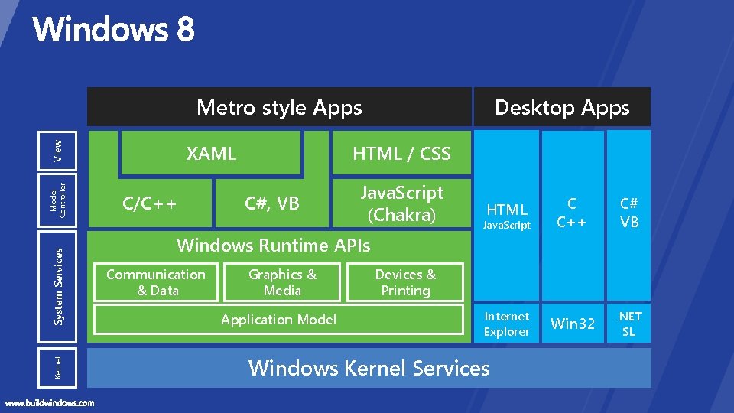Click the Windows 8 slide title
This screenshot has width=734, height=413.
(113, 31)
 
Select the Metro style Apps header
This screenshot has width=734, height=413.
(279, 107)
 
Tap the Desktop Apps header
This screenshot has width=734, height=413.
(562, 107)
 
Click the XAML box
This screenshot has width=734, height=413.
(211, 153)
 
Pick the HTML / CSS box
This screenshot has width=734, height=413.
(401, 153)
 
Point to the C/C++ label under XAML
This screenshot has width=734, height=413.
(150, 203)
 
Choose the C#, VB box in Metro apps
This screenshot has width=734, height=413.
(271, 203)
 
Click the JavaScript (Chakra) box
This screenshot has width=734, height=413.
(401, 203)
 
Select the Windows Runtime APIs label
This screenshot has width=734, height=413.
(273, 246)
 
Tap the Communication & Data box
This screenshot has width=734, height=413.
(156, 282)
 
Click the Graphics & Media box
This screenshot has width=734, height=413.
(282, 282)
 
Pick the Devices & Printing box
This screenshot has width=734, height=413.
(405, 282)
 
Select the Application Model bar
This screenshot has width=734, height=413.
(278, 320)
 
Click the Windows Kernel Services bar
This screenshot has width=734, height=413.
(369, 368)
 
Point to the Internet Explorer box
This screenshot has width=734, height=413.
(506, 324)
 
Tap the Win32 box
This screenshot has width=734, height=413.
(573, 324)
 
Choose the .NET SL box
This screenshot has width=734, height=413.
(629, 324)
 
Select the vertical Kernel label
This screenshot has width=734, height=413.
(58, 367)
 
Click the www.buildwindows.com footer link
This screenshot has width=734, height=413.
(50, 402)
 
